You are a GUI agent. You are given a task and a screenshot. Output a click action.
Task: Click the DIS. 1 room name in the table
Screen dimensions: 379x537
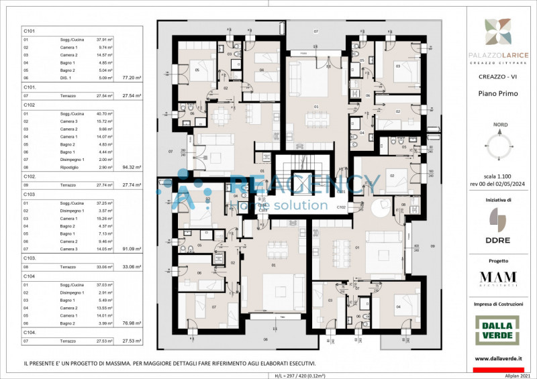[66, 78]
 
